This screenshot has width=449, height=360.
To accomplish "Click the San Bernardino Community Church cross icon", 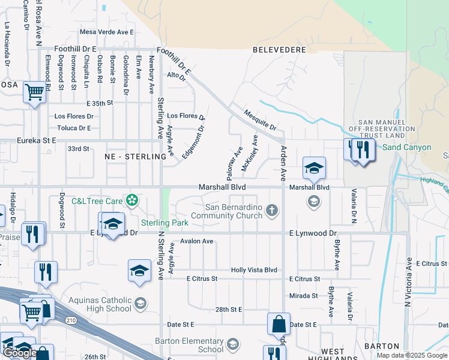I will pyautogui.click(x=272, y=210).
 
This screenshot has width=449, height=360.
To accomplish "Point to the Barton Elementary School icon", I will pyautogui.click(x=232, y=344).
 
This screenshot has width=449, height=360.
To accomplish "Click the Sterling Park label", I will pyautogui.click(x=164, y=223).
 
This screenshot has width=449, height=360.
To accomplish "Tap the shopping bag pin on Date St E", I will pyautogui.click(x=279, y=325).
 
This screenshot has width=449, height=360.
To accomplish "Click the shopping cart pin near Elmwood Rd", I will pyautogui.click(x=35, y=92).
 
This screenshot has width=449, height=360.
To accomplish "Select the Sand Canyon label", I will pyautogui.click(x=407, y=147).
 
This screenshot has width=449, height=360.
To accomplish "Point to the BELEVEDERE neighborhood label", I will pyautogui.click(x=279, y=50).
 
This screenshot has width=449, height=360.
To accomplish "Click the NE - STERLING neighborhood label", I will pyautogui.click(x=135, y=157).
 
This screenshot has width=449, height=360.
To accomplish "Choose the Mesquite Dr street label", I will pyautogui.click(x=260, y=120).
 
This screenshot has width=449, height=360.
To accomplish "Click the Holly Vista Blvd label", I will pyautogui.click(x=254, y=271).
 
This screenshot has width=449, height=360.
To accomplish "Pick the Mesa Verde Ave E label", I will pyautogui.click(x=107, y=32).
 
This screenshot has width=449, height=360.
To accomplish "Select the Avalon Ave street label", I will pyautogui.click(x=197, y=241).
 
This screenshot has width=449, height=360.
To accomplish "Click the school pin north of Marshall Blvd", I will pyautogui.click(x=314, y=168).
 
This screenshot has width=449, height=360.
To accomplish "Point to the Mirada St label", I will pyautogui.click(x=304, y=296).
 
